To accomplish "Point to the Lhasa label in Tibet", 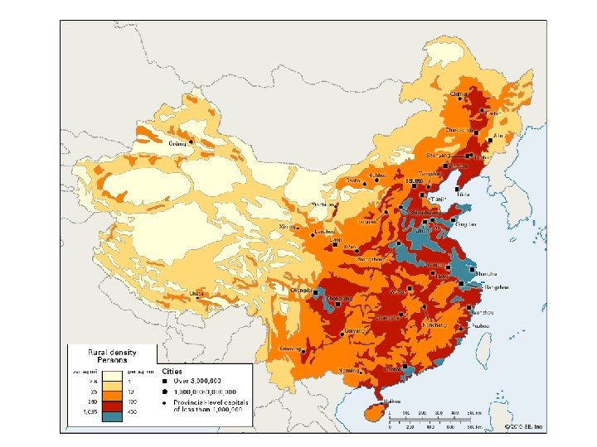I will pyautogui.click(x=197, y=292).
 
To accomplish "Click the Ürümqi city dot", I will pyautogui.click(x=191, y=142).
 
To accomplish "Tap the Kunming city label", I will pyautogui.click(x=291, y=349).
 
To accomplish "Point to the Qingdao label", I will pyautogui.click(x=467, y=223).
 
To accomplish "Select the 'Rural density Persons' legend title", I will pyautogui.click(x=112, y=357).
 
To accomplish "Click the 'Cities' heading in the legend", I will pyautogui.click(x=172, y=372).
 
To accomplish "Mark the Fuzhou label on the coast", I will pyautogui.click(x=480, y=325).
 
